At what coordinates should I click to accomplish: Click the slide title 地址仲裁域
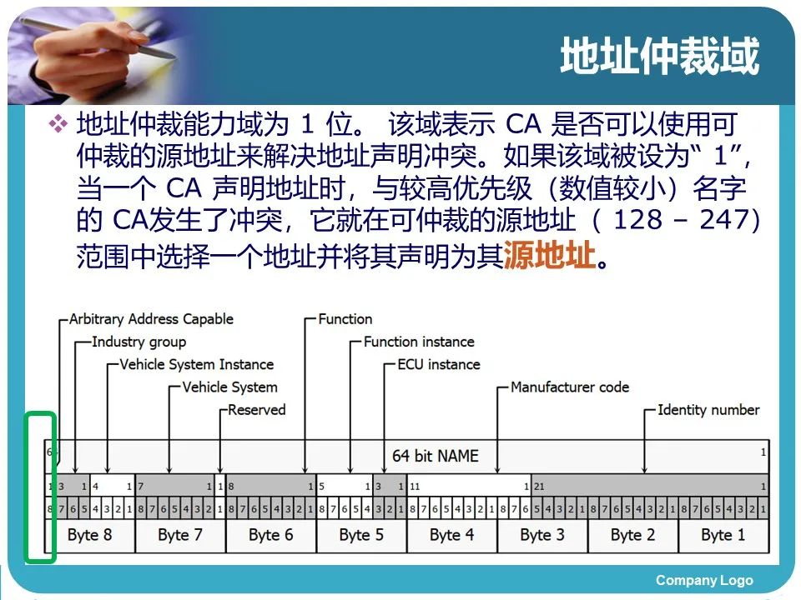click(x=659, y=57)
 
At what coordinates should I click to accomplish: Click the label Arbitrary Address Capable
click(x=151, y=319)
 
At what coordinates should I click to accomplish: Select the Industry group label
click(x=139, y=342)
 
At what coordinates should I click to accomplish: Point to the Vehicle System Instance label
click(x=196, y=364)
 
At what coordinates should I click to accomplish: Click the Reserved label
click(x=256, y=409)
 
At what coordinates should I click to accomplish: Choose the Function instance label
click(x=419, y=342)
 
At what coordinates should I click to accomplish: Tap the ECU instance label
click(x=438, y=364)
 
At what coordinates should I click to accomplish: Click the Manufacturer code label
click(x=570, y=387)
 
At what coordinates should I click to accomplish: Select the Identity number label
click(x=708, y=409)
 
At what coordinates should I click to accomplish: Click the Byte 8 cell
click(x=89, y=535)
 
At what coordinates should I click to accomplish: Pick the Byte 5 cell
click(x=361, y=535)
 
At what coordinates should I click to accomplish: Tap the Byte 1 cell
click(x=723, y=535)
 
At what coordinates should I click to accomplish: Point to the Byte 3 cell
click(x=542, y=535)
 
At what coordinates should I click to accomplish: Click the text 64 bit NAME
click(x=435, y=456)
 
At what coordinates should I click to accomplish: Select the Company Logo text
click(x=704, y=581)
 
